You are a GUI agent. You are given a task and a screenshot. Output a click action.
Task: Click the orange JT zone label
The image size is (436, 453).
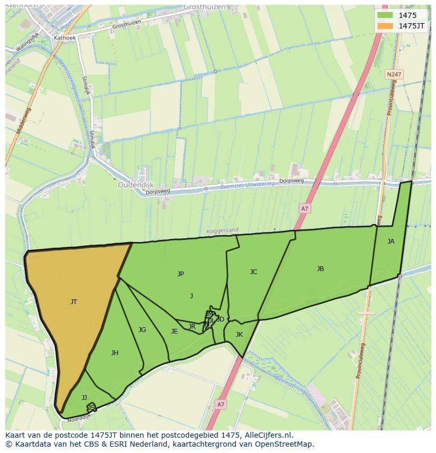tap(74, 302)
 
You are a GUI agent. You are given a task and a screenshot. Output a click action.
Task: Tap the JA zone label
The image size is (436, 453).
tap(391, 241)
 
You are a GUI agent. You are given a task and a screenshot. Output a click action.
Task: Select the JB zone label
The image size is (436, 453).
tap(320, 269)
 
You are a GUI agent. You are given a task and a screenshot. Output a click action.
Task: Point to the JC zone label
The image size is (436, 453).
tap(253, 272)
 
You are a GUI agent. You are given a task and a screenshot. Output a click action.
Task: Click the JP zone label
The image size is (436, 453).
tap(181, 274)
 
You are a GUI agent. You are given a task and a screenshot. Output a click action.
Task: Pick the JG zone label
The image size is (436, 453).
tap(142, 330)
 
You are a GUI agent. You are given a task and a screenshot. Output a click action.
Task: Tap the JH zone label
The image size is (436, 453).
tap(114, 353)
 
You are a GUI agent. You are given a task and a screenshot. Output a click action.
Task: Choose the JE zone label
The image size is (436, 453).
tap(174, 331)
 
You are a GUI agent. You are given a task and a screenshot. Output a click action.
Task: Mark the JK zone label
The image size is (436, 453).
tap(239, 335)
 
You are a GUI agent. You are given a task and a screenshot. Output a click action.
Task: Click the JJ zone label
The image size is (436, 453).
tap(84, 398)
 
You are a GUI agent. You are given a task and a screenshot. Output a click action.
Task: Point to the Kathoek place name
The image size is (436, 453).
tap(65, 38)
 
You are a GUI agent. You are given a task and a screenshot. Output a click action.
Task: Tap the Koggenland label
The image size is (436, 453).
tap(222, 230)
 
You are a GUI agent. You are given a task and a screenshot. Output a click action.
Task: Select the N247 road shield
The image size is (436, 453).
tap(393, 75)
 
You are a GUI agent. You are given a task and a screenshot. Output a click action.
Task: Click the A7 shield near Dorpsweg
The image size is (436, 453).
tap(304, 209)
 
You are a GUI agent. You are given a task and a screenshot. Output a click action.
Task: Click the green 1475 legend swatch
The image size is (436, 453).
tap(385, 15)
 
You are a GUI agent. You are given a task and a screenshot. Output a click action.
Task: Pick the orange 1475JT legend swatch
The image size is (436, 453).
tap(385, 26)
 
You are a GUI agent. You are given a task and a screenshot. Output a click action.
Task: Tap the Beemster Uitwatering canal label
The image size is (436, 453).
tap(247, 185)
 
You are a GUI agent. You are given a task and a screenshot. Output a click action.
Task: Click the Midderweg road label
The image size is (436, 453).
tap(25, 120)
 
